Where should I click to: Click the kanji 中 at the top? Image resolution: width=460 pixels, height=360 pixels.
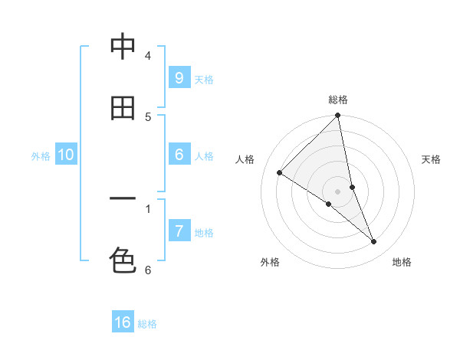[x=122, y=47]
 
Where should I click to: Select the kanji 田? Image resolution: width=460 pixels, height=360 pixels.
[x=122, y=108]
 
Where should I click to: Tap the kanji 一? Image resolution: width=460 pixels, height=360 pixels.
[x=122, y=199]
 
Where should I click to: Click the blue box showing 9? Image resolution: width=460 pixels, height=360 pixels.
[x=179, y=77]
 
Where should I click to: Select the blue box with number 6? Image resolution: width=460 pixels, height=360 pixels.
[x=179, y=154]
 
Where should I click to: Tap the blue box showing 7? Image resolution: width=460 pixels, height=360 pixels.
[x=179, y=231]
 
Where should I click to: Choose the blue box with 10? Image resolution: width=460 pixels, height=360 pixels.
[x=66, y=155]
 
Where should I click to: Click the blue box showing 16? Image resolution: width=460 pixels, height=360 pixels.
[x=123, y=322]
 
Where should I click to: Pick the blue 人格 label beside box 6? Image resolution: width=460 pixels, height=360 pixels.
[x=204, y=156]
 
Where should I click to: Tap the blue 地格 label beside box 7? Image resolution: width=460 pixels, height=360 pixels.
[x=204, y=233]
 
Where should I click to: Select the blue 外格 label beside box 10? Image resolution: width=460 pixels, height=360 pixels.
[x=41, y=156]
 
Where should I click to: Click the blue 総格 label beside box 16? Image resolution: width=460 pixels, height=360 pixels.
[x=147, y=325]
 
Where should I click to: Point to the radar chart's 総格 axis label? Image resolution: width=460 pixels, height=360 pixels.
[x=338, y=100]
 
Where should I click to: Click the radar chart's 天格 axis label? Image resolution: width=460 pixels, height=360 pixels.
[x=431, y=159]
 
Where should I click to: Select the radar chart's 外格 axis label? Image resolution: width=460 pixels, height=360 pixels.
[x=269, y=262]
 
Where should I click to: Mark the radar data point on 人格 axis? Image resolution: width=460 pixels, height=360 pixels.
[x=280, y=173]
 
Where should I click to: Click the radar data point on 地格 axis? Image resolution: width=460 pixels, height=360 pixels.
[x=374, y=242]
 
